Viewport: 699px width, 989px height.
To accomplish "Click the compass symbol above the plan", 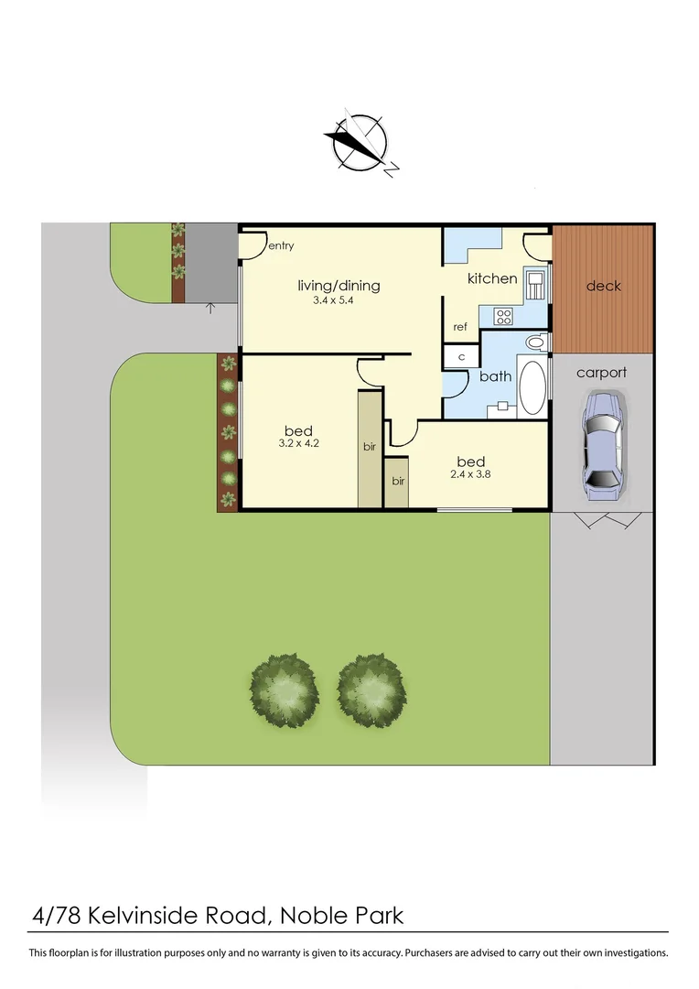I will coord(360,144).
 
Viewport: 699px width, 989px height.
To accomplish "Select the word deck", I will coord(603,286).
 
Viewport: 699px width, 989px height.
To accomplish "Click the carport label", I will coord(602,373).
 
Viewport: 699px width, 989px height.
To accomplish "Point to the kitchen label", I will coord(492,278).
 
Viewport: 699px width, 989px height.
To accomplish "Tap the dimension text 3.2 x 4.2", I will coord(299,443).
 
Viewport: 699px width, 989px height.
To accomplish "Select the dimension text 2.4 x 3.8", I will coord(467,474).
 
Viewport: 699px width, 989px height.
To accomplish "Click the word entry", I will coord(282,245).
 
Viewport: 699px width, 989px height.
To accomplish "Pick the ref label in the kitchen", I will coord(460,327).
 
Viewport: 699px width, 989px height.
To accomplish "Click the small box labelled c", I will coord(461,356).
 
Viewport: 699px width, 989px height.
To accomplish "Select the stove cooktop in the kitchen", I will coord(504,316).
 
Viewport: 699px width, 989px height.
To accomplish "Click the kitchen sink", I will coord(535,285).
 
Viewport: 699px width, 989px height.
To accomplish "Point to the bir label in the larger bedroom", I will coord(370,447).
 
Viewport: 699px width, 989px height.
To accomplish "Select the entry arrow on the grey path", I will coord(210,308).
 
